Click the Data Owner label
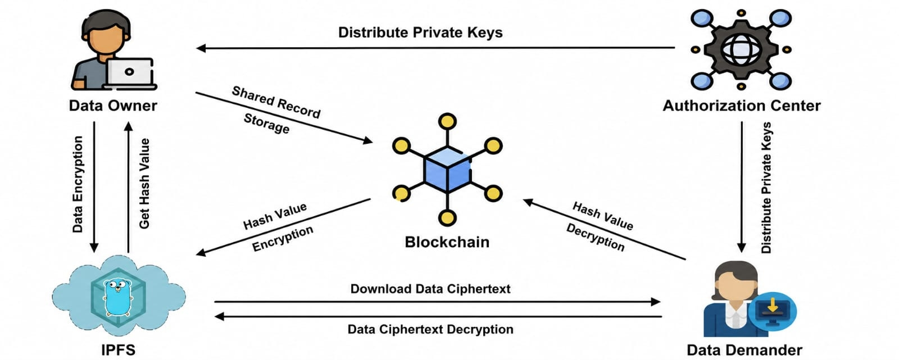[113, 106]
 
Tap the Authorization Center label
[742, 106]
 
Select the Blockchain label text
[447, 242]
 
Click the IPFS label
[118, 350]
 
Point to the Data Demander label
[744, 350]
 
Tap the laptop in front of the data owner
[129, 74]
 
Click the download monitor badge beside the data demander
[773, 312]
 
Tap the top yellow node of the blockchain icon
[447, 121]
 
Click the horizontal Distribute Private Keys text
[420, 33]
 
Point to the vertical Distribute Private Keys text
[766, 188]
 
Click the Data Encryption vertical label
[78, 184]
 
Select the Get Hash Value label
[144, 184]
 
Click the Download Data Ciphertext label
[430, 289]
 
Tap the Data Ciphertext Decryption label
[430, 330]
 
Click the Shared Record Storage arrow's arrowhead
[368, 140]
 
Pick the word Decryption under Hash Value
[595, 237]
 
